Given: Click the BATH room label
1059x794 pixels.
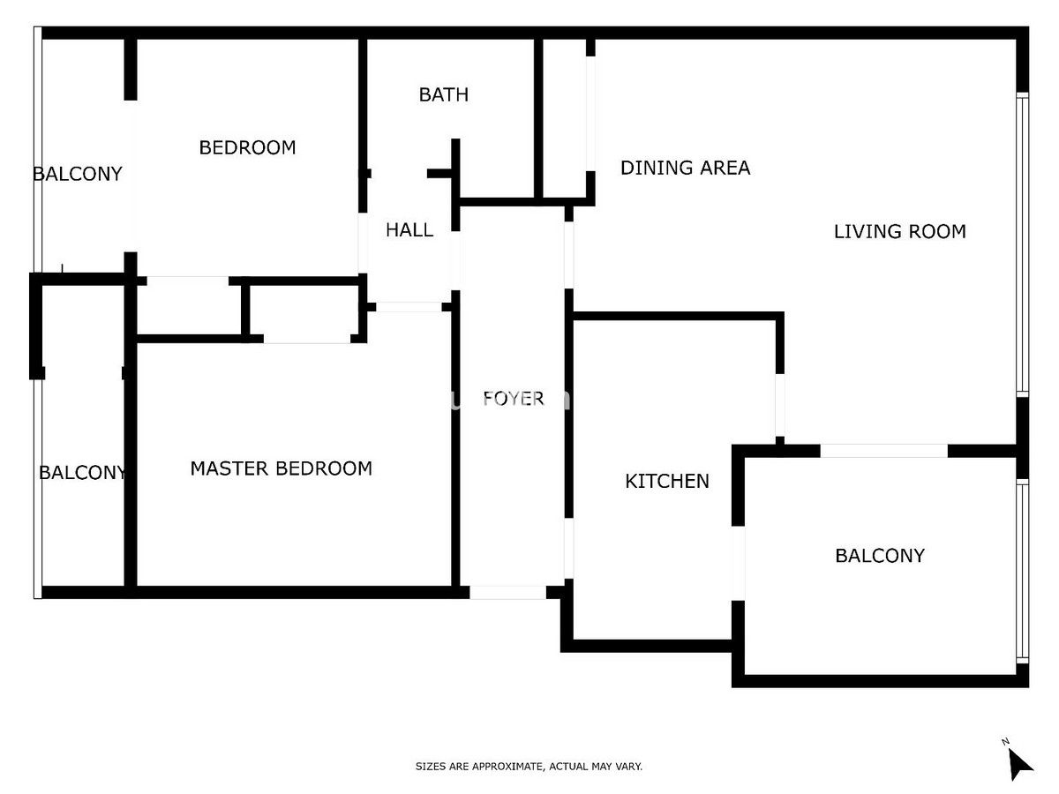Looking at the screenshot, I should click(443, 94).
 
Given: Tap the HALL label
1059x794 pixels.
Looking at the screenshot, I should click(409, 230).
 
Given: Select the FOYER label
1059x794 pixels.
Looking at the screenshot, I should click(513, 399).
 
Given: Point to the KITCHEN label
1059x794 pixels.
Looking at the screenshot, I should click(666, 481).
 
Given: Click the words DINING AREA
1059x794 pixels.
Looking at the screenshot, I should click(685, 168).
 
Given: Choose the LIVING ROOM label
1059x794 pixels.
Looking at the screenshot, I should click(899, 231).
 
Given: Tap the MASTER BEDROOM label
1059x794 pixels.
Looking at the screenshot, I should click(281, 468).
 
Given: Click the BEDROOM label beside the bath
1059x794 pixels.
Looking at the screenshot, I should click(247, 147).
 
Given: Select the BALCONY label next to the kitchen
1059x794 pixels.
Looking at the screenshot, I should click(879, 556).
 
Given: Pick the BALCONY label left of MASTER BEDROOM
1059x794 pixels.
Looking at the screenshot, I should click(82, 473).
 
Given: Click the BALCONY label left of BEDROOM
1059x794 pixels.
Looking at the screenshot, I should click(78, 174).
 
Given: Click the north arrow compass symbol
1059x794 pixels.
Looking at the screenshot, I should click(1018, 760).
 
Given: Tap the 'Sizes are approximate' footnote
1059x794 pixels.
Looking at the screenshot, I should click(529, 767).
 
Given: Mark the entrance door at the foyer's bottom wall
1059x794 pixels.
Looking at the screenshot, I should click(507, 593).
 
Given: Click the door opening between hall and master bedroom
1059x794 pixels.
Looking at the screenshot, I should click(409, 307).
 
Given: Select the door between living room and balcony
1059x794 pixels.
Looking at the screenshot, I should click(884, 451).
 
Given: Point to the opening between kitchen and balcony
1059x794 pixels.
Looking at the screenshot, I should click(738, 563).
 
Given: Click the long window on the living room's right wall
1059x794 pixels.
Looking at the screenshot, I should click(1022, 243).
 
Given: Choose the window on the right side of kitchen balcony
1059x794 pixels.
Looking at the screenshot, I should click(1022, 571).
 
